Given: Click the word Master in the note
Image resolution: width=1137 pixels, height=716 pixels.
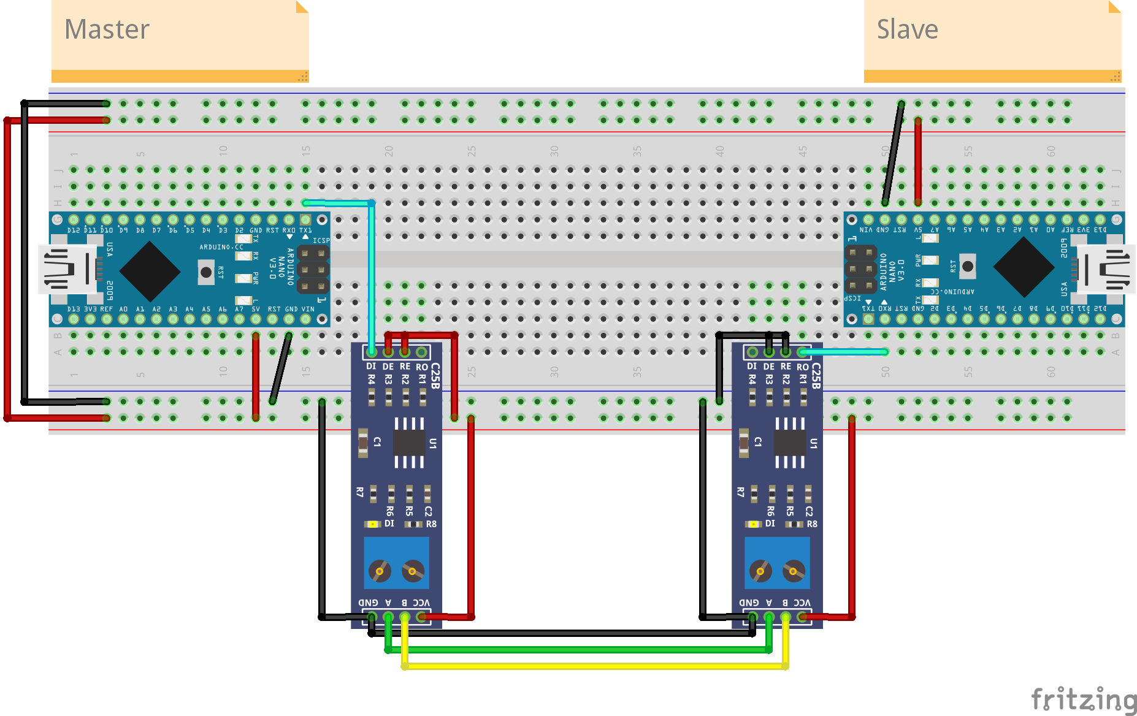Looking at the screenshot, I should [107, 29].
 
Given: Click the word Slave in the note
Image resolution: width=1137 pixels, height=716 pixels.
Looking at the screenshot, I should [907, 29].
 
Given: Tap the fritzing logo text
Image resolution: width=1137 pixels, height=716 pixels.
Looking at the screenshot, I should [1084, 699].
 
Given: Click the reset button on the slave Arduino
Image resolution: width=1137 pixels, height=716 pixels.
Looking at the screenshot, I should [967, 266].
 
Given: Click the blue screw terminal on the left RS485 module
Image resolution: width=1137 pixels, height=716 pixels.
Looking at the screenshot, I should [396, 563].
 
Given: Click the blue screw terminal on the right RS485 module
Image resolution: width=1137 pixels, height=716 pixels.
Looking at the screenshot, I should [777, 563].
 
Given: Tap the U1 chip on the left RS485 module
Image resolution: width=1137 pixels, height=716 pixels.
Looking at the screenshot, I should [409, 442].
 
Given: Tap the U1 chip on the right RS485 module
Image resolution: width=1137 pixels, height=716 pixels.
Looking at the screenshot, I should [790, 442].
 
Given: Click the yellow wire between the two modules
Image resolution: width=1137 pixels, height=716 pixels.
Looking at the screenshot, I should [595, 666].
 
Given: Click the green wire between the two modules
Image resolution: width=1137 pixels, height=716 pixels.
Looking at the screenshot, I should [576, 649].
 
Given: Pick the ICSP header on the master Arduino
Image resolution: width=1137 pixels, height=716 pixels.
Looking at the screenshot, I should [313, 269].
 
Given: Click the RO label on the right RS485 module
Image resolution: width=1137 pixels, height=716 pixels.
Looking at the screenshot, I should [802, 367].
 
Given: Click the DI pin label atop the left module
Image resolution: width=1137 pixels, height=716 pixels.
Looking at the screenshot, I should [371, 366].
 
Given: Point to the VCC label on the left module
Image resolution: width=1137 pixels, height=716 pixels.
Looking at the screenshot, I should [421, 603].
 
